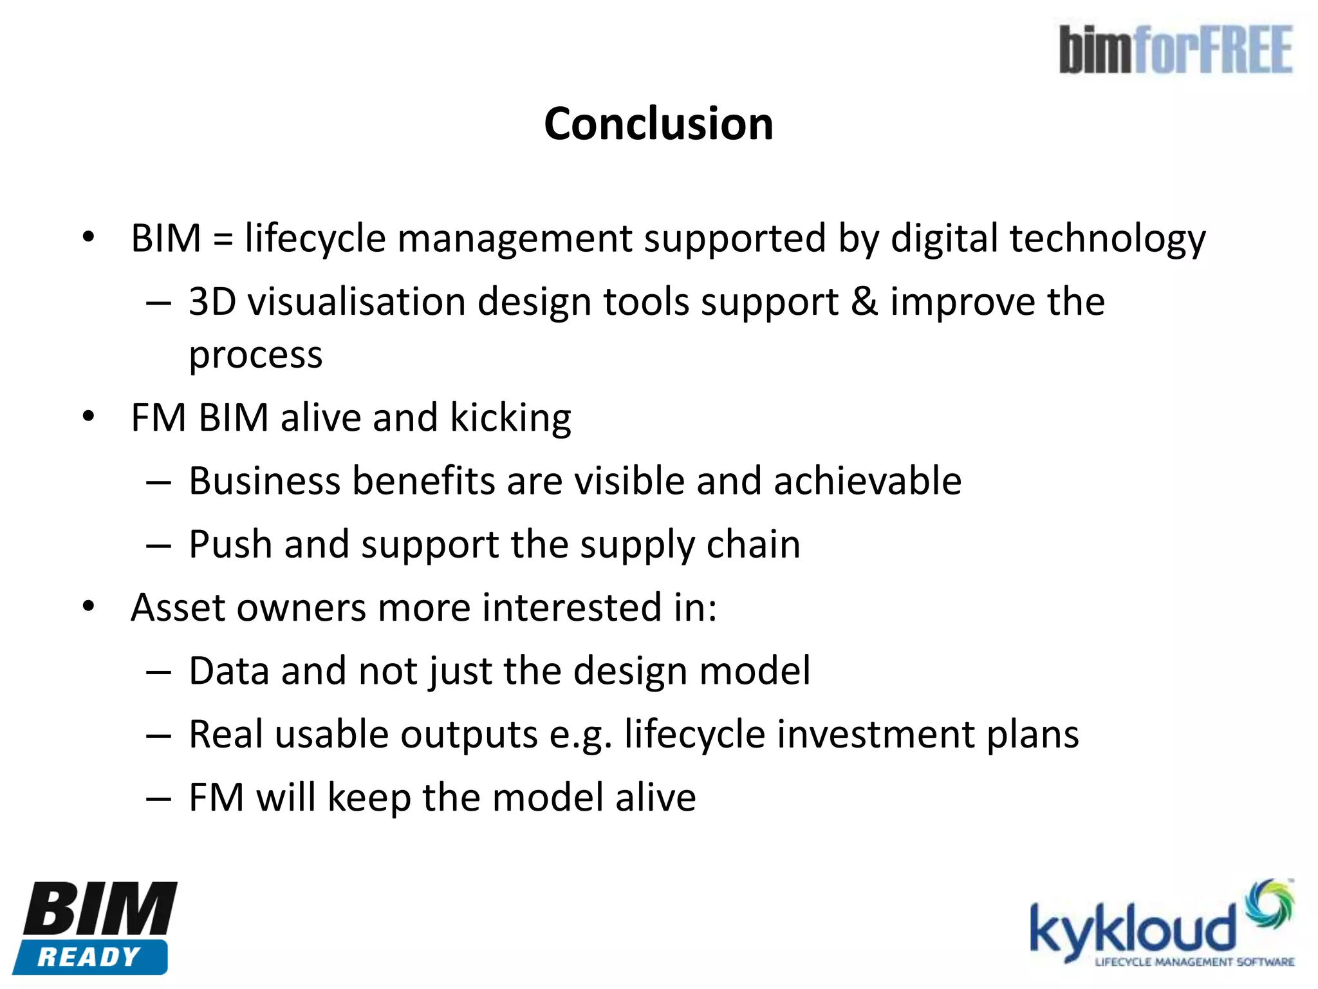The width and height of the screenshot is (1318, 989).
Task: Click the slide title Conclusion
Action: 658,124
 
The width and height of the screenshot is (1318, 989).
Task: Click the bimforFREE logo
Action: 1176,50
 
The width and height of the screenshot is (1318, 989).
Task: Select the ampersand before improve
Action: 864,301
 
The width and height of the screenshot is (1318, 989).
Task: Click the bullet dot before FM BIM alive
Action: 88,417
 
